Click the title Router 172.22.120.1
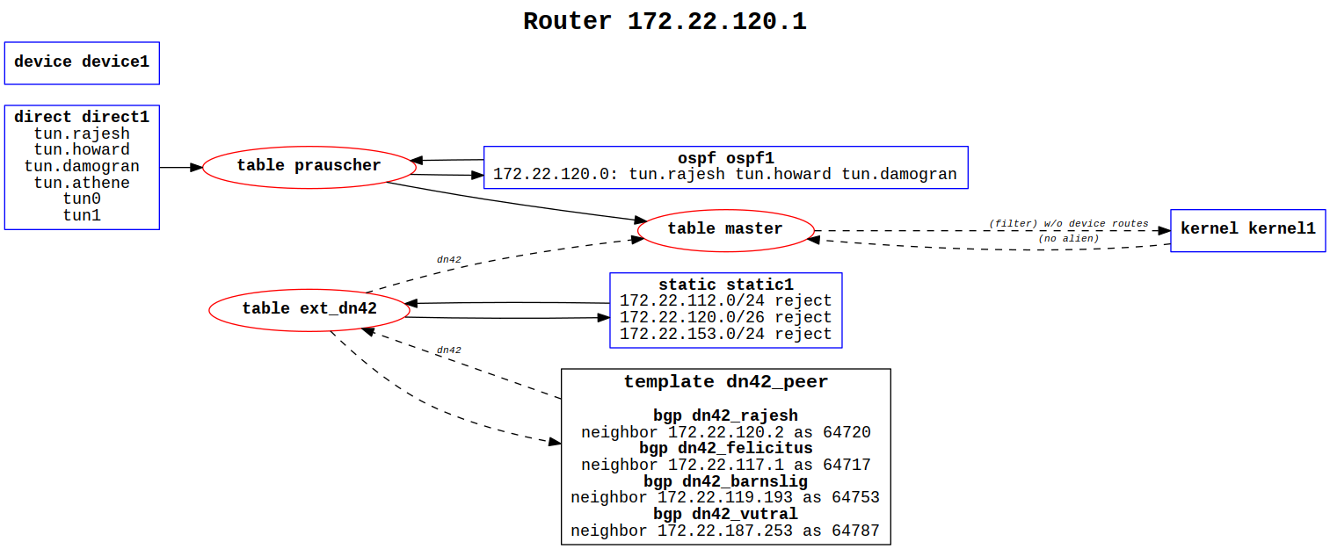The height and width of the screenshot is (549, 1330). (665, 21)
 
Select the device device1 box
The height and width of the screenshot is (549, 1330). (82, 62)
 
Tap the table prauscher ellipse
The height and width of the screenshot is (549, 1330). (309, 166)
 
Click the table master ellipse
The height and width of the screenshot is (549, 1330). (725, 229)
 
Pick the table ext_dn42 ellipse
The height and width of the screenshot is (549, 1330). (309, 308)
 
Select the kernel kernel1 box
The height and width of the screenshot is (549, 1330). (1247, 229)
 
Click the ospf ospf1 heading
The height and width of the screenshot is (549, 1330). (725, 158)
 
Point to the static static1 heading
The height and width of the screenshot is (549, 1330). (725, 285)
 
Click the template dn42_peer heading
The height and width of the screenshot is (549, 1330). (725, 382)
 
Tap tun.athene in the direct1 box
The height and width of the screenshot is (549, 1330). (82, 183)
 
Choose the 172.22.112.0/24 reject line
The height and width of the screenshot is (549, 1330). (725, 301)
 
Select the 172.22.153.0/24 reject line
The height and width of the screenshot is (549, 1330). (725, 335)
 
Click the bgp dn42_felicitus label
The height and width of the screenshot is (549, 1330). (725, 449)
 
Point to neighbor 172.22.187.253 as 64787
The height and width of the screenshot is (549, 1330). (725, 531)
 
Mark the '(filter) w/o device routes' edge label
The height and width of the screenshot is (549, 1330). (1068, 223)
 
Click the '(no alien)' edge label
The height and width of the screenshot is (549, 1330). (1068, 239)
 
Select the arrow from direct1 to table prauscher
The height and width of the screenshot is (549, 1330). (181, 166)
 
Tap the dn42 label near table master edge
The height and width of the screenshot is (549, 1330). (448, 259)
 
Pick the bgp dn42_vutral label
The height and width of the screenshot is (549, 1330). (725, 515)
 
